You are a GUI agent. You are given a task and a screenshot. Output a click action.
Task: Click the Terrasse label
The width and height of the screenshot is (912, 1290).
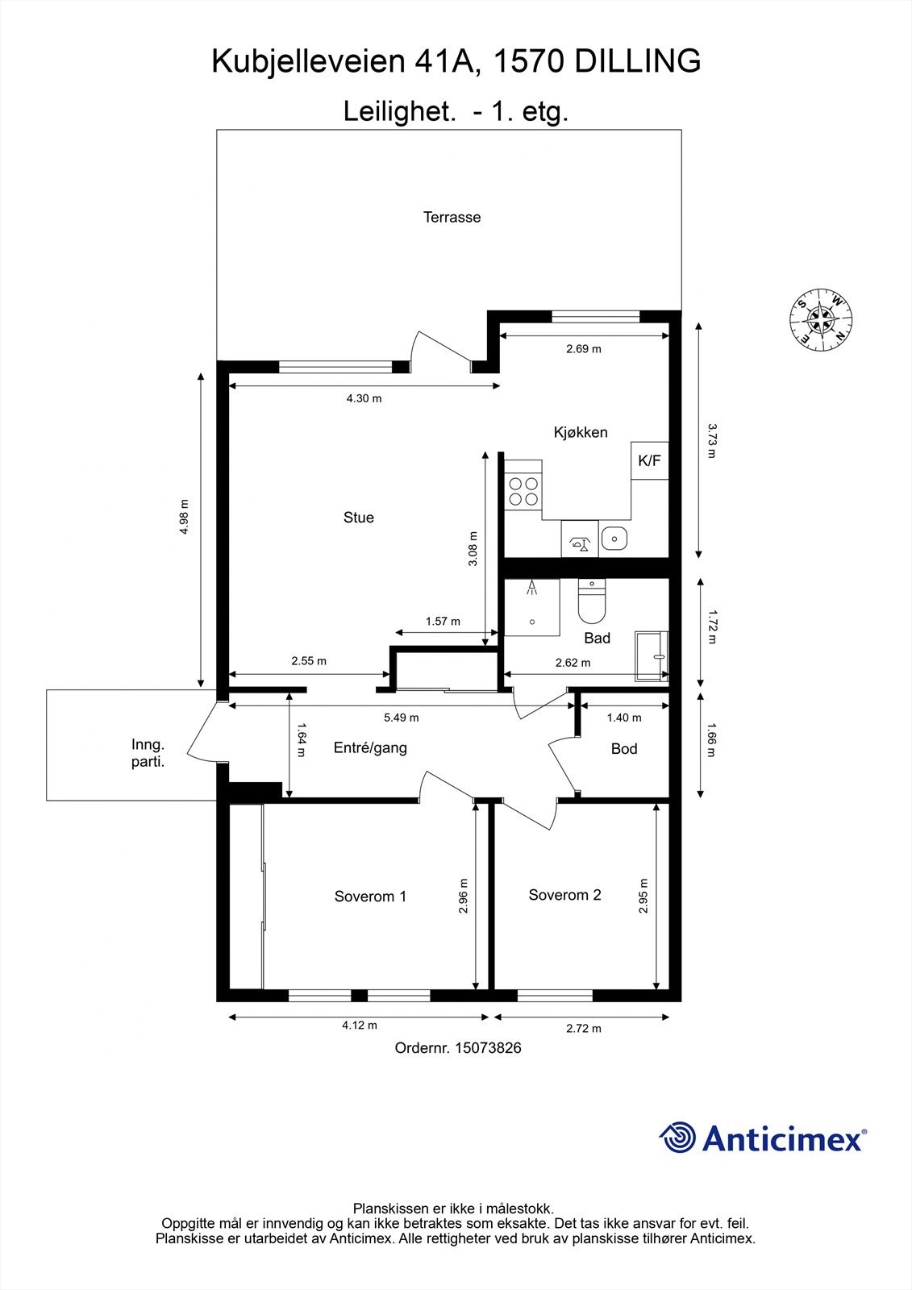(452, 217)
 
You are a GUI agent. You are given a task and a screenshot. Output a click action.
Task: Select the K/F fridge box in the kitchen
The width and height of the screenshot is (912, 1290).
(649, 461)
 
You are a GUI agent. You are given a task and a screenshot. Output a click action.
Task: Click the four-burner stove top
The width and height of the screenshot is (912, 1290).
(523, 490)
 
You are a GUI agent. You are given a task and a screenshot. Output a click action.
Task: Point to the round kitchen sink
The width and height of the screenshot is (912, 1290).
(613, 537)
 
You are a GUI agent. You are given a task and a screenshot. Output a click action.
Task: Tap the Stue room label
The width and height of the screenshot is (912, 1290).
(359, 518)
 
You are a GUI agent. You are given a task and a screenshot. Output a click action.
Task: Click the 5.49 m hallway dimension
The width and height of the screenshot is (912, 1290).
(401, 717)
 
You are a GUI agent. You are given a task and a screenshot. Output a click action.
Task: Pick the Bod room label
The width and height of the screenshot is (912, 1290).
(624, 749)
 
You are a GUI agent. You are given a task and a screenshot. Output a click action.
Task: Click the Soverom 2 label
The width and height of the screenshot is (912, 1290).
(564, 895)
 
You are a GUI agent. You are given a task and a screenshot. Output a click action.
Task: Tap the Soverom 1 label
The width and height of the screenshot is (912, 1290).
(370, 897)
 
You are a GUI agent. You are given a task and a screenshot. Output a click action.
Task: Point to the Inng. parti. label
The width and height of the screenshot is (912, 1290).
(148, 752)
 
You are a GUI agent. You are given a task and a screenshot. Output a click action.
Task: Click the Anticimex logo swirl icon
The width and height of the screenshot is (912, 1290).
(677, 1138)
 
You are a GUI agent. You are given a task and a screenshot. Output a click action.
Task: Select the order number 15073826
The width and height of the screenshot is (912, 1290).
(488, 1048)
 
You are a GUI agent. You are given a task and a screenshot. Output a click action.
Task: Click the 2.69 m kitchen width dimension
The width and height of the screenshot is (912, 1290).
(583, 349)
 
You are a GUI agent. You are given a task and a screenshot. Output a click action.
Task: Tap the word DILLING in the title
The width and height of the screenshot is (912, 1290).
(637, 61)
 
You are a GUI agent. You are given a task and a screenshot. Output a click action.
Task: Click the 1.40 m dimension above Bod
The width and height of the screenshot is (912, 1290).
(623, 717)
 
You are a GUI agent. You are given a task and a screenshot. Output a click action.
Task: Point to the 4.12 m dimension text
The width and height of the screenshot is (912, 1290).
(359, 1026)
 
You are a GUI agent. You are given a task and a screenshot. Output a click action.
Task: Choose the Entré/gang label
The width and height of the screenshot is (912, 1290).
(370, 747)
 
